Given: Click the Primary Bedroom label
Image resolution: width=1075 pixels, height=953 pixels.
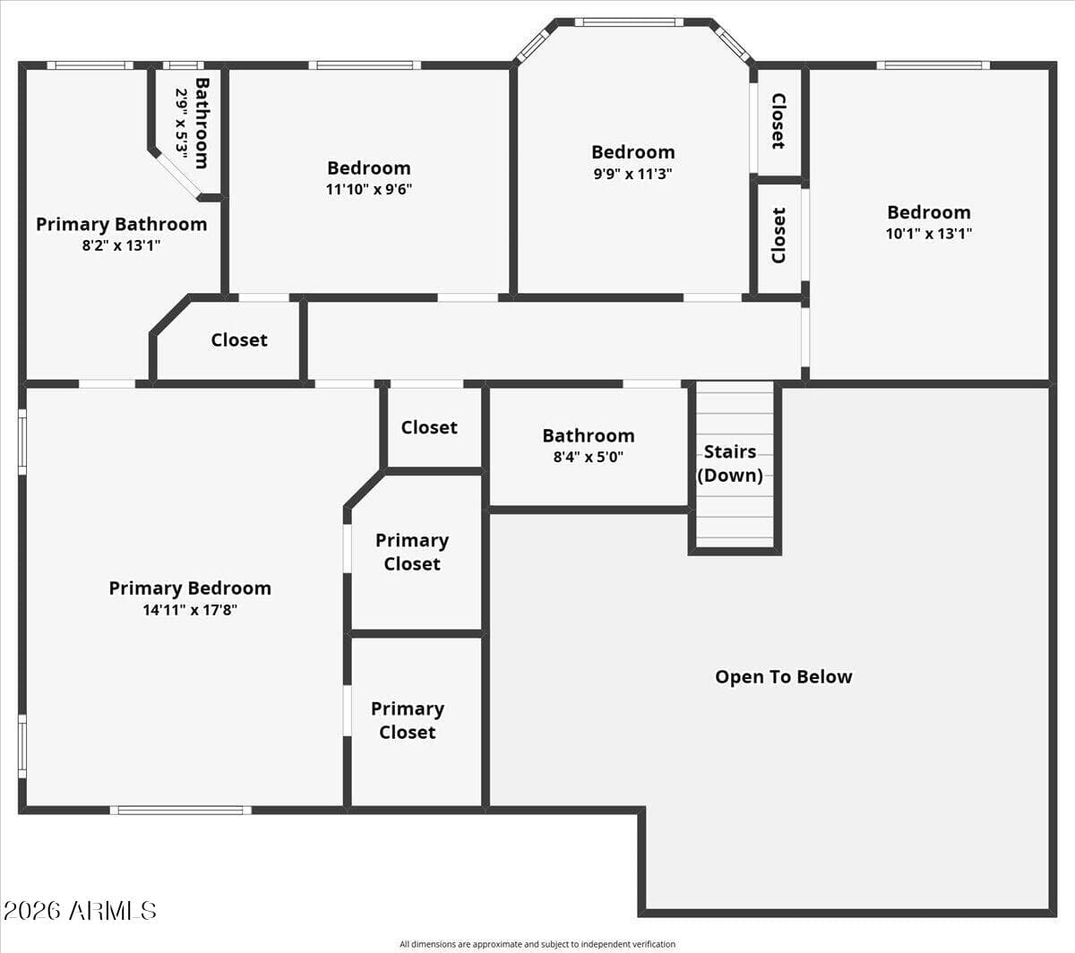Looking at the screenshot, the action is click(x=190, y=588).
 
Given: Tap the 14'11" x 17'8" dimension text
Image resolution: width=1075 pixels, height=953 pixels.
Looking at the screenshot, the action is click(x=190, y=610).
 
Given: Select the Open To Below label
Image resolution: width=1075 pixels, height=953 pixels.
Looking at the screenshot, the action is click(x=784, y=677).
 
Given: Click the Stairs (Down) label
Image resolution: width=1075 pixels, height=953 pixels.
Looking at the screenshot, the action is click(x=730, y=463).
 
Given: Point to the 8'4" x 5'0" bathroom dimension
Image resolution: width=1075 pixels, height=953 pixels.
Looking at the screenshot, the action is click(x=589, y=457).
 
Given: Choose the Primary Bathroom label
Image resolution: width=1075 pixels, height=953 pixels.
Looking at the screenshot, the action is click(x=122, y=225).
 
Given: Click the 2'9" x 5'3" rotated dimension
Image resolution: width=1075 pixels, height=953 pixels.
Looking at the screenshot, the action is click(x=182, y=124).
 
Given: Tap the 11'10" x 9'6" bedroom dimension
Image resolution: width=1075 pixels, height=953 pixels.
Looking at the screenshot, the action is click(x=369, y=189).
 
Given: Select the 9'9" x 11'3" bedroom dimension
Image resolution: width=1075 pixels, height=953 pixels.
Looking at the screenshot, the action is click(x=633, y=174).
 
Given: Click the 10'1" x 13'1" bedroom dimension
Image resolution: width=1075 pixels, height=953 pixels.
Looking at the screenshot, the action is click(x=929, y=234).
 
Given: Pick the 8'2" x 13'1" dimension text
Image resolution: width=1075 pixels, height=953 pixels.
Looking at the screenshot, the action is click(x=122, y=245).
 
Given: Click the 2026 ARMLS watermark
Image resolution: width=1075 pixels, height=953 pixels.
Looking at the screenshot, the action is click(x=80, y=911).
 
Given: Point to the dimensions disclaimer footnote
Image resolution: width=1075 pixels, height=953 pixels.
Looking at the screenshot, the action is click(x=537, y=944).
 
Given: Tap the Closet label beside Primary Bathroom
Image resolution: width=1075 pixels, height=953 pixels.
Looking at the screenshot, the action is click(x=239, y=340).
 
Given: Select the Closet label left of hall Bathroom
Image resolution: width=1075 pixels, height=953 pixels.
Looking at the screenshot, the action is click(x=429, y=427).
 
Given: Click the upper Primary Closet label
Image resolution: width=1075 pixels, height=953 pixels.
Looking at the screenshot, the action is click(x=412, y=553).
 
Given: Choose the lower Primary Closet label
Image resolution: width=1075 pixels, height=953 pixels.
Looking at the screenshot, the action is click(x=408, y=721).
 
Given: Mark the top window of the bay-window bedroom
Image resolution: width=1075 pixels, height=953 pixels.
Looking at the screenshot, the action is click(x=629, y=22).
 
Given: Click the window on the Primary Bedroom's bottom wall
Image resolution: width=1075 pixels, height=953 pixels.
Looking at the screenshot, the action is click(x=181, y=811).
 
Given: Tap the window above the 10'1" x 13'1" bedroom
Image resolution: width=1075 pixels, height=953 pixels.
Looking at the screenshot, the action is click(x=933, y=65).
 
